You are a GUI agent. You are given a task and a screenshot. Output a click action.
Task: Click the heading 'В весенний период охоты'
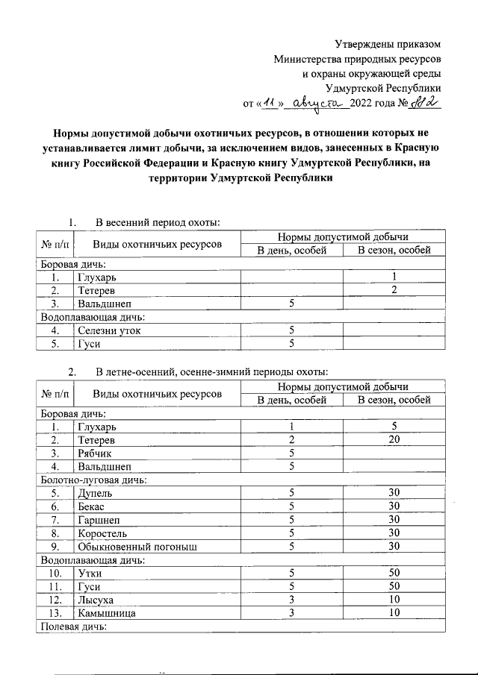point(157,222)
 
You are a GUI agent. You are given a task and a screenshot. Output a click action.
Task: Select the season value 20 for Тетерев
point(394,441)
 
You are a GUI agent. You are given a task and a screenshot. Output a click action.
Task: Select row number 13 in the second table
point(55,613)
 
